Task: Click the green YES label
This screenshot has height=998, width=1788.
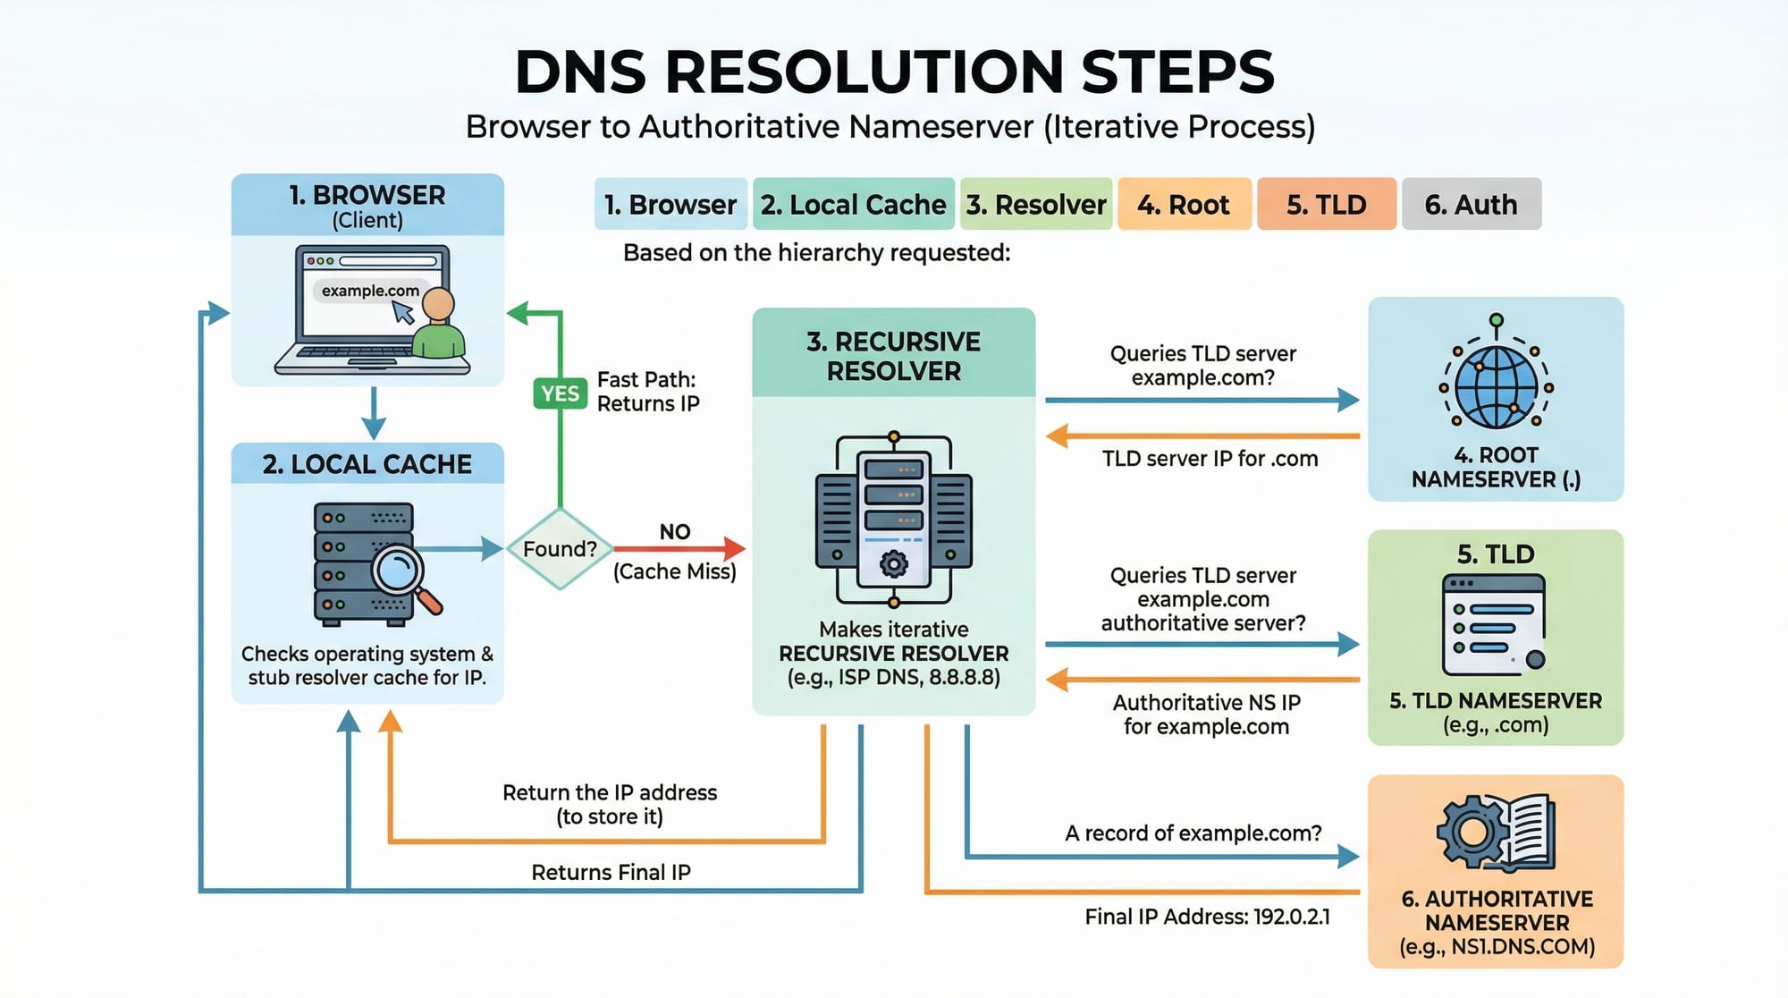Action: [560, 393]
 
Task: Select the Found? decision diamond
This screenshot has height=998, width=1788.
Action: [560, 548]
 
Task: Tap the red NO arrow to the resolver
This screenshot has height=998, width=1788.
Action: [679, 548]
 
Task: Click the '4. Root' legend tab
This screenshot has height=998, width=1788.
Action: [1184, 205]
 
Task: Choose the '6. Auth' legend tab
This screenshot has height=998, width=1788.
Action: [1471, 205]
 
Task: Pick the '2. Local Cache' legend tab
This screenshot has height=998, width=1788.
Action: [854, 205]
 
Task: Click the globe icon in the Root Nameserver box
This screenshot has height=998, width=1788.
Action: [1496, 386]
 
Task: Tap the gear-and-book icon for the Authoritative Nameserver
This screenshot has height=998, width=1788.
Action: [1496, 833]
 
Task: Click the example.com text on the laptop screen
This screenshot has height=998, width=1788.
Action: [370, 291]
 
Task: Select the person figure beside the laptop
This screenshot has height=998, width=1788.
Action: [438, 326]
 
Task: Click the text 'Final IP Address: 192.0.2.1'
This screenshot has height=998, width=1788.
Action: [1207, 917]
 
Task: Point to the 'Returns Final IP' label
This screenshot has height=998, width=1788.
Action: [611, 872]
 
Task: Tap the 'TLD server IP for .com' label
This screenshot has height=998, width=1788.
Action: [1210, 459]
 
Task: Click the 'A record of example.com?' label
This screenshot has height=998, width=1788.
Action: [1193, 833]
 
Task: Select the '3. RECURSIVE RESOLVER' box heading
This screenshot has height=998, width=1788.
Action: [894, 356]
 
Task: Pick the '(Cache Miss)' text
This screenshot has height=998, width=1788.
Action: [675, 571]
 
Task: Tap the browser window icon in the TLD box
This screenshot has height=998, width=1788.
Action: [1493, 624]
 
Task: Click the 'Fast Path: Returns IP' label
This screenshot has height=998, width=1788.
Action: [647, 392]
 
